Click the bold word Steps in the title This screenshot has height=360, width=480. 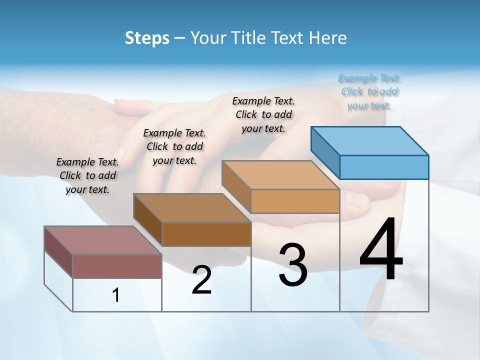[147, 38]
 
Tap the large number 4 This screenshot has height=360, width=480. [381, 250]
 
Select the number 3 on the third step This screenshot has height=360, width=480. [293, 265]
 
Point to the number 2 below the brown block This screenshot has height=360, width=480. [201, 280]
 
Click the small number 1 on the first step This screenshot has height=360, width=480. [116, 295]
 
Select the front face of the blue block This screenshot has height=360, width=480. [384, 167]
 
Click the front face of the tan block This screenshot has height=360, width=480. [295, 201]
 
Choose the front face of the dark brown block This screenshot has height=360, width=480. [206, 234]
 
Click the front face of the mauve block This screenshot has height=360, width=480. [117, 266]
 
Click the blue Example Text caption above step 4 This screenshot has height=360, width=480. [369, 92]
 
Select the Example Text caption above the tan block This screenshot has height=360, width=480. [263, 115]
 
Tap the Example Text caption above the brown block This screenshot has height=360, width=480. [174, 146]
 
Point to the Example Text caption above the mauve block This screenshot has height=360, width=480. [87, 175]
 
